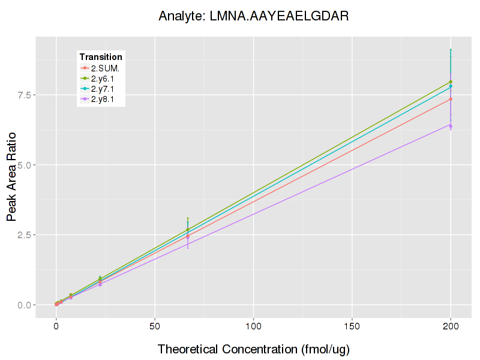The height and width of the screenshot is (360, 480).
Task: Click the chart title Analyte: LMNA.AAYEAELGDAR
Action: click(253, 16)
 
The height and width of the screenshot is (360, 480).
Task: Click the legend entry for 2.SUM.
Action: click(105, 68)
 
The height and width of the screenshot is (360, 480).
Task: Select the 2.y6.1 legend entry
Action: click(104, 79)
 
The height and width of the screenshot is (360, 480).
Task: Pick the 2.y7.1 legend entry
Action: click(104, 89)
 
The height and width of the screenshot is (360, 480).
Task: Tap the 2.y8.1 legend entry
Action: click(104, 99)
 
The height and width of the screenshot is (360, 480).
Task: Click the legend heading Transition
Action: click(101, 57)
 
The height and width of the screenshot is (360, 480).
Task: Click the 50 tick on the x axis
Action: click(155, 326)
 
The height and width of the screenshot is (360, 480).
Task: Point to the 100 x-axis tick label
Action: click(253, 326)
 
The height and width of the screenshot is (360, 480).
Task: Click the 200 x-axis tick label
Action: click(451, 326)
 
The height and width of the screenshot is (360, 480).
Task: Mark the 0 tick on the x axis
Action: click(56, 326)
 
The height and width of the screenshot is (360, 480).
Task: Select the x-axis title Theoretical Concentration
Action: click(253, 349)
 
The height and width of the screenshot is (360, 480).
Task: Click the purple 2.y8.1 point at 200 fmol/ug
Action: click(451, 125)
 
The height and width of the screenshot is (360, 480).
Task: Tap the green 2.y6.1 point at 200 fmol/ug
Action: click(451, 82)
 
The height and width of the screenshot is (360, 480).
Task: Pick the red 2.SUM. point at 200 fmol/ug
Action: click(451, 99)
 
